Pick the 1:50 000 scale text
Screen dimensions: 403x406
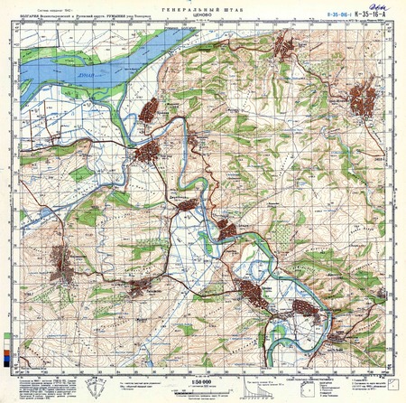click(x=202, y=383)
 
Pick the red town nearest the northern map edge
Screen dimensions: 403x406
click(x=283, y=46)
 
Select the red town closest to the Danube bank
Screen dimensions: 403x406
click(x=149, y=112)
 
